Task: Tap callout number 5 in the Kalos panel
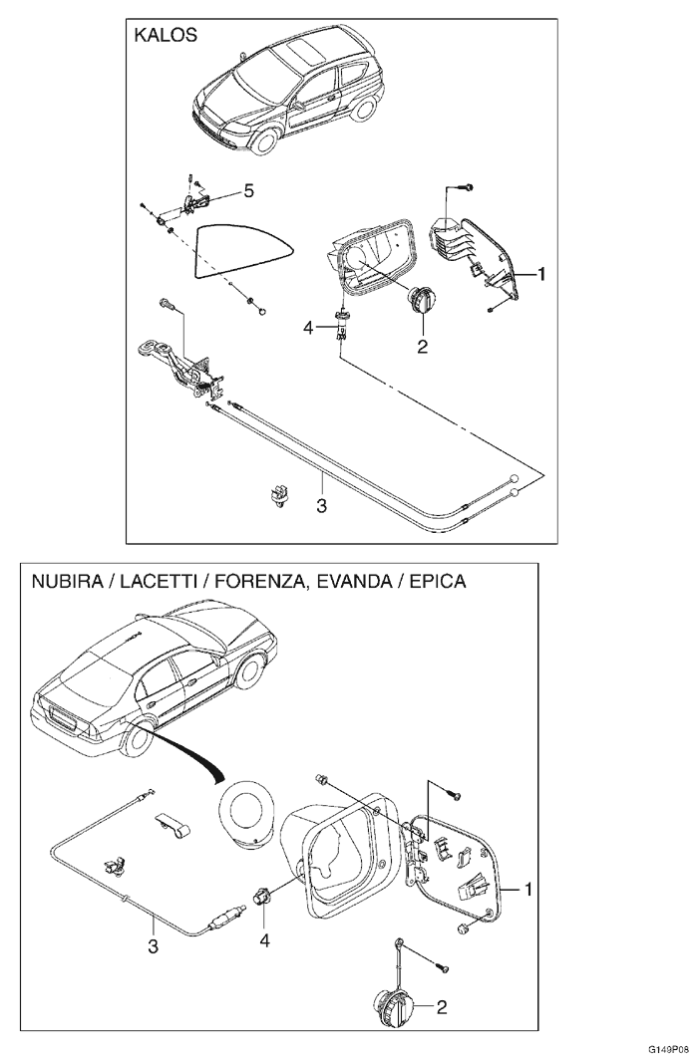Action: coord(249,189)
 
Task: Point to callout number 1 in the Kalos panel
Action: coord(540,272)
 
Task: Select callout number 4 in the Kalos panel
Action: coord(309,326)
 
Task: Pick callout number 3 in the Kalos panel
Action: coord(321,505)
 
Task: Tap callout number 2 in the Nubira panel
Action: coord(440,1007)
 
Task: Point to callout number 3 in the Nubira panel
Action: coord(153,946)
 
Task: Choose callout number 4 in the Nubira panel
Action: coord(264,938)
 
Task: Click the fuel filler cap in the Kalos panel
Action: coord(421,298)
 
